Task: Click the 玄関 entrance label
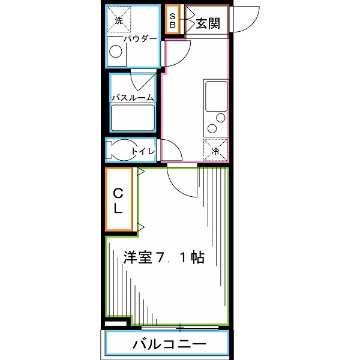(208, 23)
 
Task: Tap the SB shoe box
(172, 21)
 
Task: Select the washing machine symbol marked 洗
(118, 19)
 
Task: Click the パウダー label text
(140, 39)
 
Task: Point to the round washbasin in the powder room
(116, 52)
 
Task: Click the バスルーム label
(133, 97)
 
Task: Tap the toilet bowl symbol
(118, 151)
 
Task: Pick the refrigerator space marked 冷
(215, 150)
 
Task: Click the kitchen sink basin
(215, 95)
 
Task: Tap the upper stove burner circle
(221, 117)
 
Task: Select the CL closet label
(119, 201)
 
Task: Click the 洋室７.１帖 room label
(164, 258)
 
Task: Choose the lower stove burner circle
(212, 127)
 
